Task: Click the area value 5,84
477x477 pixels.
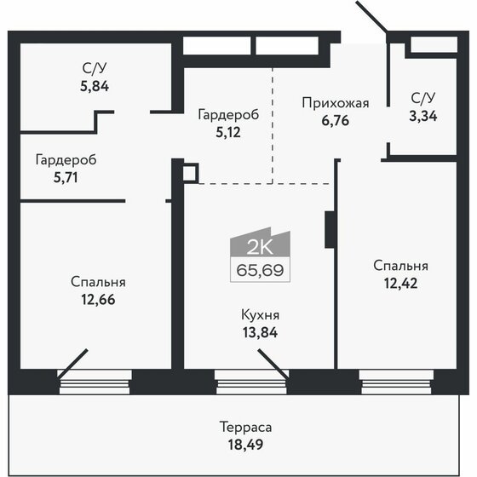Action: [95, 86]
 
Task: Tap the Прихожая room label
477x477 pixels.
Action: [336, 103]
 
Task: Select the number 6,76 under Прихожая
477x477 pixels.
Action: [336, 121]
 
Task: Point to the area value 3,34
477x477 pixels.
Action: [422, 116]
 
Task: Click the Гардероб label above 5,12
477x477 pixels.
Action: [228, 115]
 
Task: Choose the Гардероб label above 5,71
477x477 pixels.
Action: [66, 160]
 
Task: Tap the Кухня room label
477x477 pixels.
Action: [260, 315]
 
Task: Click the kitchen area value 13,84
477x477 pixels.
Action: [260, 332]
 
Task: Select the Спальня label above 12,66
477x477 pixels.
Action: [98, 283]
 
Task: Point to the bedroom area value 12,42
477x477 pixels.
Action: [400, 284]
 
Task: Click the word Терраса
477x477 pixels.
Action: [245, 428]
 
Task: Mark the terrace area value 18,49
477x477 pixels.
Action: [245, 445]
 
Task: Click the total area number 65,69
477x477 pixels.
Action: [260, 270]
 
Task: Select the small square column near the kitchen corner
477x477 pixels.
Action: [191, 174]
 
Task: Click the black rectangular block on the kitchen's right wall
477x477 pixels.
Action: [330, 230]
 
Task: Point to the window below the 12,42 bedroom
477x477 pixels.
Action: [396, 382]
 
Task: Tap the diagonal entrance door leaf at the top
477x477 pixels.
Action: [371, 16]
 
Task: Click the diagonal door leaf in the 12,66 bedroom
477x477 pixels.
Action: [72, 364]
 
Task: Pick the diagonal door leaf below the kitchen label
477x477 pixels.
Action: [273, 365]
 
